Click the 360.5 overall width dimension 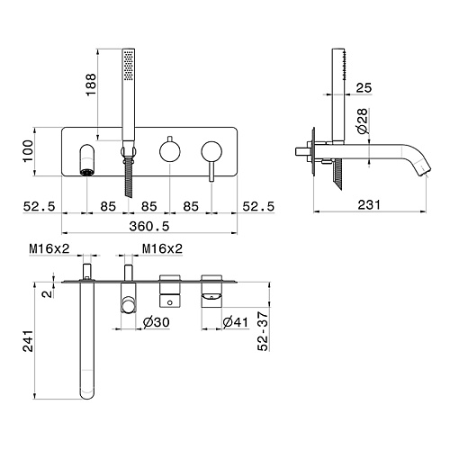coord(149,226)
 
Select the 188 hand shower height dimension coord(91,85)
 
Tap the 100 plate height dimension coord(28,151)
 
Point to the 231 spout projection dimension coord(369,205)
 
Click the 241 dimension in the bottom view coord(29,341)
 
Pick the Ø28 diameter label coord(363,121)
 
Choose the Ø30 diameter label coord(156,322)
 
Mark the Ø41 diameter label coord(236,322)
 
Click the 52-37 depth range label coord(263,331)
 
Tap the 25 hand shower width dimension coord(364,87)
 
